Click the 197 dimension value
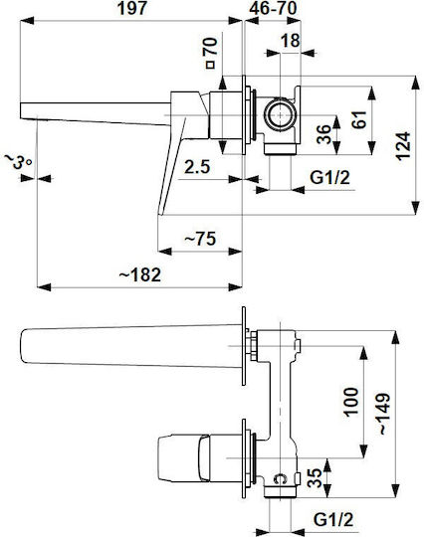coord(132,8)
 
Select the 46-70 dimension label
coord(273,8)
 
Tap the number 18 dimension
coord(291,41)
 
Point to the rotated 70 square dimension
coord(210,47)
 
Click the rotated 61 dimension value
coord(359,119)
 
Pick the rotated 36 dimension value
coord(323,134)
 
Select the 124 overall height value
coord(403,146)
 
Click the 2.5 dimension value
coord(197,167)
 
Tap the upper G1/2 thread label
coord(329,178)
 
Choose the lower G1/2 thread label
coord(333,519)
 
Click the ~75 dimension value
coord(200,239)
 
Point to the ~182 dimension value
coord(140,274)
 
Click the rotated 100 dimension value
coord(350,403)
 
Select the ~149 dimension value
coord(384,414)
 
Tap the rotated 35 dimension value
coord(315,477)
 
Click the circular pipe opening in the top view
coord(280,114)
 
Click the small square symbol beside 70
coord(210,65)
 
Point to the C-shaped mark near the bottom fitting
coord(280,478)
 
